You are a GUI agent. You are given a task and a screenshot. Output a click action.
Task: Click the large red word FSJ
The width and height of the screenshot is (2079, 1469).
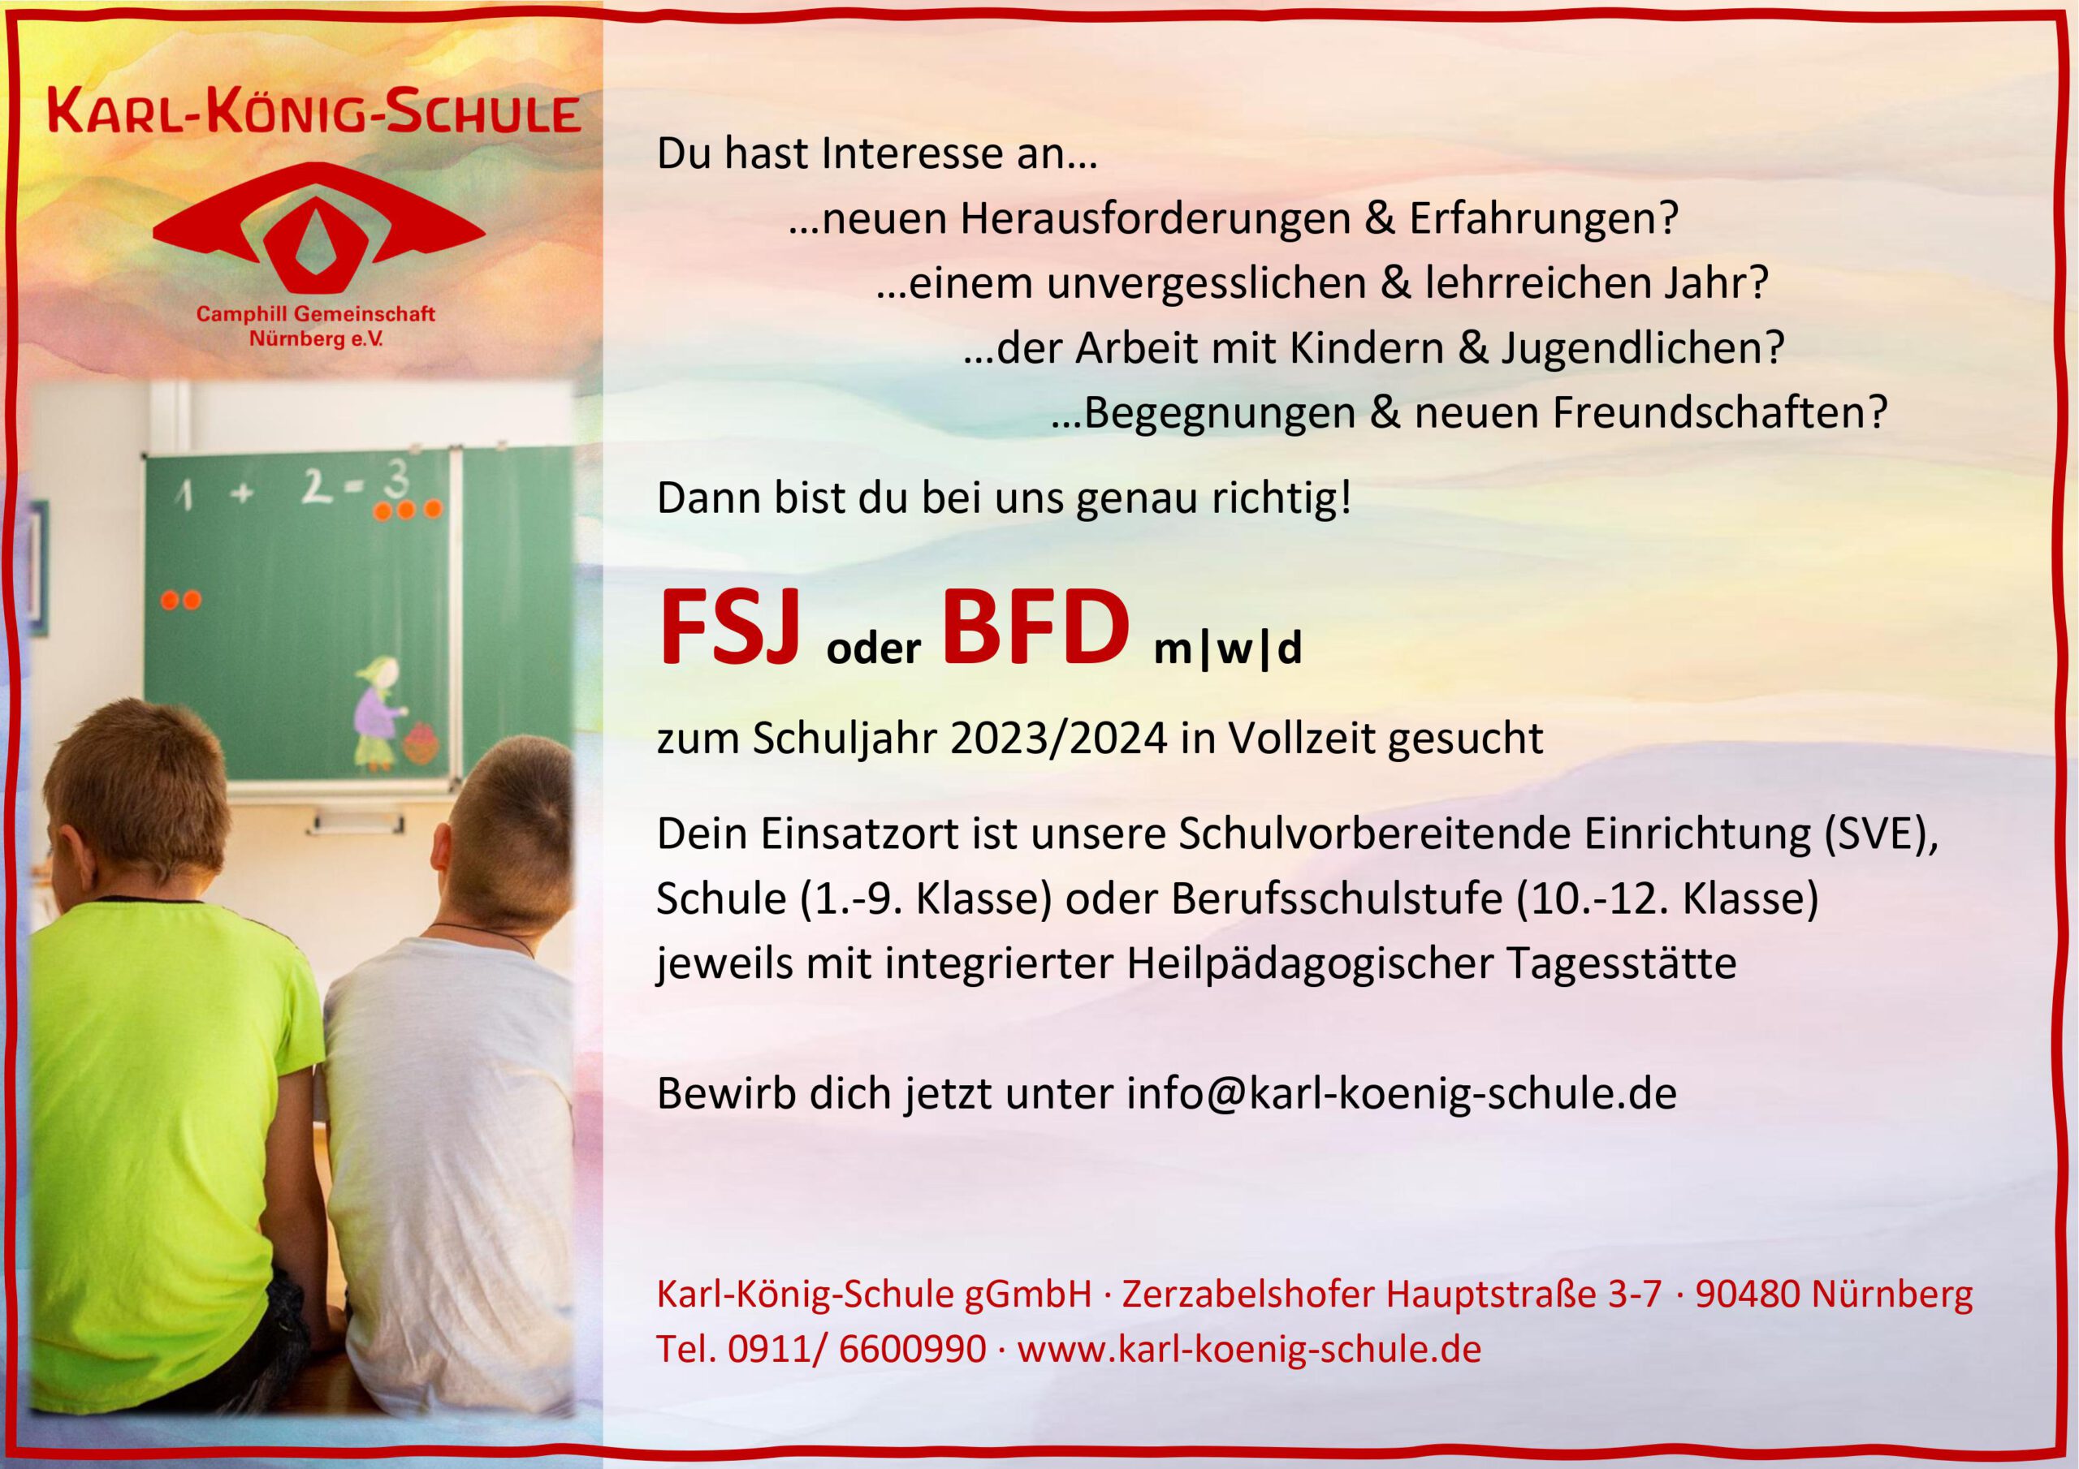tap(730, 627)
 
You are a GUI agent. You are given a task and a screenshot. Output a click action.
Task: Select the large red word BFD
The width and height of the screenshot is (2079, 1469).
tap(1037, 627)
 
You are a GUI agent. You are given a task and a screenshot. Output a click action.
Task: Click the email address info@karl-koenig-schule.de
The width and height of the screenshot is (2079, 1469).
tap(1402, 1093)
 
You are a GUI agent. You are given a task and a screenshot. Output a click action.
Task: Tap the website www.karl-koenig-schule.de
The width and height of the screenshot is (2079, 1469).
tap(1250, 1349)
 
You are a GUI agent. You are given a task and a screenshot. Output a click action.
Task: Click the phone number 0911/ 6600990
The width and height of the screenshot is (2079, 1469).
tap(857, 1349)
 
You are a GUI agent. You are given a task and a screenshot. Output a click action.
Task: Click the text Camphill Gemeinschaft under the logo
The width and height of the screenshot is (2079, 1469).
tap(316, 315)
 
